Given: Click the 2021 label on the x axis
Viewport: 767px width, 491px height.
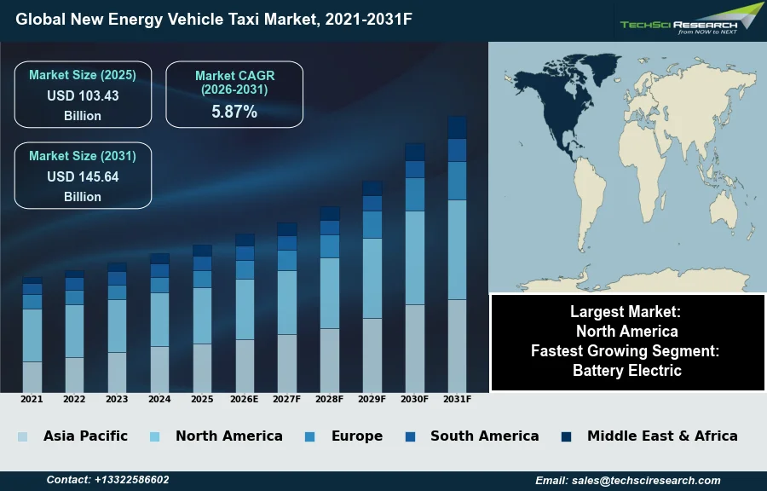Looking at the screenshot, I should pyautogui.click(x=32, y=399).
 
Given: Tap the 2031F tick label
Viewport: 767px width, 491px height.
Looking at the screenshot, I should pyautogui.click(x=457, y=399).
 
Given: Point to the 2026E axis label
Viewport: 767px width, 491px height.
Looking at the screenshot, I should pyautogui.click(x=245, y=399).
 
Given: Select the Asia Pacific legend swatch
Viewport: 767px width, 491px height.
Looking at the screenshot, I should pyautogui.click(x=23, y=436).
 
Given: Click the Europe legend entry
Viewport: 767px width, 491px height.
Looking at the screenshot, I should pyautogui.click(x=356, y=436).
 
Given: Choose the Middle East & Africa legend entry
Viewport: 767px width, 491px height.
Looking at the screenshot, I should pyautogui.click(x=662, y=436).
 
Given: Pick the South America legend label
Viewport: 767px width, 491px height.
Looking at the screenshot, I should pyautogui.click(x=484, y=436).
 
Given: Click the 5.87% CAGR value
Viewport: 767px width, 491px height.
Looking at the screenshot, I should pyautogui.click(x=234, y=112).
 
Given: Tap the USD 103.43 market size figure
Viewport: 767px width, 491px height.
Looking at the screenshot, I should pyautogui.click(x=83, y=96).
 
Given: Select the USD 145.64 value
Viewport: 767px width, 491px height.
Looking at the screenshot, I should pyautogui.click(x=83, y=177).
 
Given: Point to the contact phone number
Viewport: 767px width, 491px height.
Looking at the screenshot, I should pyautogui.click(x=107, y=480).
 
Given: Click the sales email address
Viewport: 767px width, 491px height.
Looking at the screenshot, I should pyautogui.click(x=628, y=480).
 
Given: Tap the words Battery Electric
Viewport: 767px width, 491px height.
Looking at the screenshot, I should pyautogui.click(x=626, y=371).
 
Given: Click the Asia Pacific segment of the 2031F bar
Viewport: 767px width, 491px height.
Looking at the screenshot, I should pyautogui.click(x=457, y=345).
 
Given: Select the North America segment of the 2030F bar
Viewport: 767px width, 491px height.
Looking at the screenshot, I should pyautogui.click(x=415, y=257).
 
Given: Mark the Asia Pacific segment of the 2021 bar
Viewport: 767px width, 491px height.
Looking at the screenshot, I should pyautogui.click(x=32, y=377).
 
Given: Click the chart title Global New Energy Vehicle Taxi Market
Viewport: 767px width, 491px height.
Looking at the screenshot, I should pyautogui.click(x=213, y=18).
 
